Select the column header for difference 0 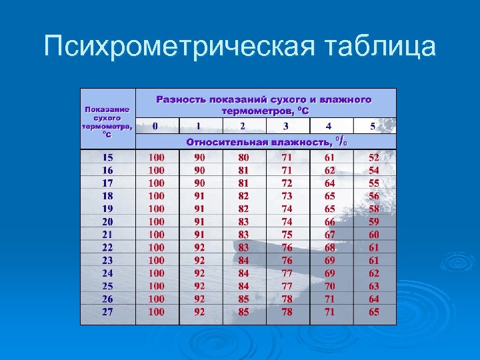point(155,126)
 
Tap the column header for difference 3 point(286,126)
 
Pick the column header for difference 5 point(373,126)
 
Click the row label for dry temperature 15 point(107,158)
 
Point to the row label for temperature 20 point(107,221)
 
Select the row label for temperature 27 point(107,311)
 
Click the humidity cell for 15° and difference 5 point(374,158)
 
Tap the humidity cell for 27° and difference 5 point(374,311)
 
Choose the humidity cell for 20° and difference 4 point(330,221)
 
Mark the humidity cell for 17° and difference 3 point(287,183)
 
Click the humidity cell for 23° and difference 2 point(243,260)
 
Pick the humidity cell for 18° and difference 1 point(200,196)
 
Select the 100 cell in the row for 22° point(156,247)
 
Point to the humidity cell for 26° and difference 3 point(287,299)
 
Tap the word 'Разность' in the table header point(181,99)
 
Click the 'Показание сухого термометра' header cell point(107,121)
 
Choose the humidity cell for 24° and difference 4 point(330,273)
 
